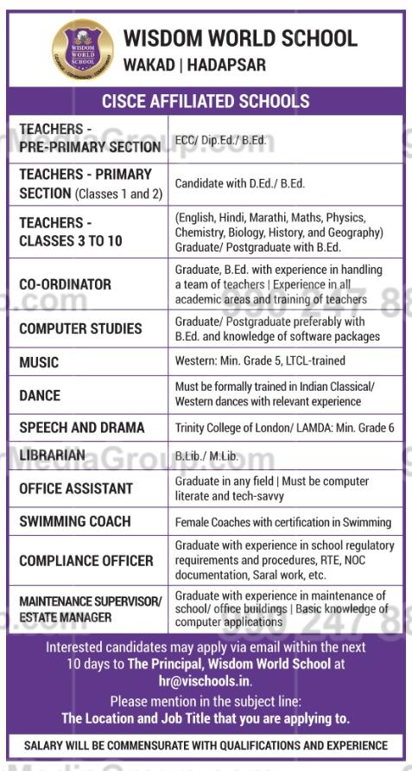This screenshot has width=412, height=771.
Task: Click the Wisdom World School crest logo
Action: pyautogui.click(x=82, y=49)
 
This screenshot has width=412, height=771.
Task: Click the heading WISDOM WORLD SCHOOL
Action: pyautogui.click(x=239, y=38)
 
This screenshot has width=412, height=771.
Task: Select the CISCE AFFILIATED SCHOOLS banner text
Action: pyautogui.click(x=206, y=102)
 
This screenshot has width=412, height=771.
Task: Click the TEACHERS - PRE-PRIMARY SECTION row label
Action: pyautogui.click(x=89, y=138)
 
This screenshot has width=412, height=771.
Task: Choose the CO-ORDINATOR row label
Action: pyautogui.click(x=65, y=284)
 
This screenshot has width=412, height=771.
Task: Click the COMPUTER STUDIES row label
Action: pyautogui.click(x=80, y=328)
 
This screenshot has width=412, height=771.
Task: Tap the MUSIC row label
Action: pyautogui.click(x=39, y=363)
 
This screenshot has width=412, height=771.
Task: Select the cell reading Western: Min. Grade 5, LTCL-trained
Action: pyautogui.click(x=260, y=360)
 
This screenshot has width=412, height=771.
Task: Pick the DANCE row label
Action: pyautogui.click(x=40, y=395)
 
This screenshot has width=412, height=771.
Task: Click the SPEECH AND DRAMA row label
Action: pyautogui.click(x=82, y=428)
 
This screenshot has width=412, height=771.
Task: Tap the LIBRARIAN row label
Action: pyautogui.click(x=53, y=456)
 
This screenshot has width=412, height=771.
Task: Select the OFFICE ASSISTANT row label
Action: pyautogui.click(x=76, y=488)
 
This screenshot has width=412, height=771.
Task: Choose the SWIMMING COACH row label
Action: pyautogui.click(x=75, y=521)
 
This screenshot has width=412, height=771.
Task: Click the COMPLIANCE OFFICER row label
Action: pyautogui.click(x=86, y=561)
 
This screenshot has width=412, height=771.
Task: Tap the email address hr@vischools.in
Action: pyautogui.click(x=206, y=680)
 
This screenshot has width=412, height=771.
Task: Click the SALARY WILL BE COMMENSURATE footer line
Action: pyautogui.click(x=206, y=746)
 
